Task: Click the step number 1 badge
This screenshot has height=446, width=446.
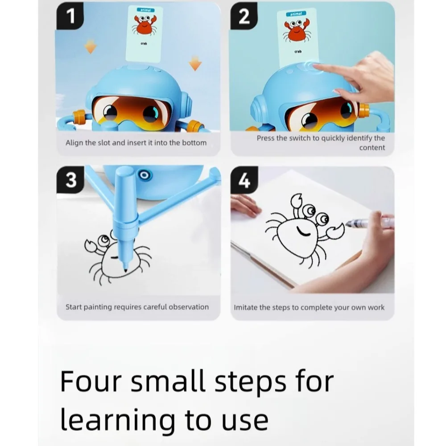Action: [70, 16]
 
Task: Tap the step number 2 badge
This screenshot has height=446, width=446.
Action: [244, 16]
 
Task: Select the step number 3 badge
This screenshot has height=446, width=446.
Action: [70, 180]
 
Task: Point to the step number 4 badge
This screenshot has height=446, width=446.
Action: [244, 180]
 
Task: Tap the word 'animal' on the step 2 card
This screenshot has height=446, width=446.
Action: [296, 14]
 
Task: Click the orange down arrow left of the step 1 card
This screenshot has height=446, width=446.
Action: [91, 47]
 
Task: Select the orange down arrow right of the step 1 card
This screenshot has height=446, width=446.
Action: [195, 63]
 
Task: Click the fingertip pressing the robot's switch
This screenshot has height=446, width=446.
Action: [315, 66]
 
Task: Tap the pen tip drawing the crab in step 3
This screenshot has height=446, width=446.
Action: [125, 269]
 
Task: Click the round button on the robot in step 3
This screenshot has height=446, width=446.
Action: [144, 175]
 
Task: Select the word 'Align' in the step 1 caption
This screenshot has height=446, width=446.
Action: [74, 143]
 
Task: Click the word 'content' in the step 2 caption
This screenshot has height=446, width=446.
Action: [372, 148]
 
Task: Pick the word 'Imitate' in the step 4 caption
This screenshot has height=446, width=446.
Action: [245, 307]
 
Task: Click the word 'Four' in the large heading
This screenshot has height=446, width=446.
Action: [91, 381]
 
